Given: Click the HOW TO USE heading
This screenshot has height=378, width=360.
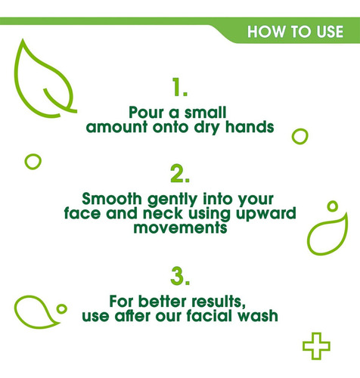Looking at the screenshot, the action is pos(295,32).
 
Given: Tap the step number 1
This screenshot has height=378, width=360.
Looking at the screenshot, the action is pos(180,87).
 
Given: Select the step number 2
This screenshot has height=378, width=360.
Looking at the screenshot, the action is pos(180,173).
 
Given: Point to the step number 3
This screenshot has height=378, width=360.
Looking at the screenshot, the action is pos(180,276).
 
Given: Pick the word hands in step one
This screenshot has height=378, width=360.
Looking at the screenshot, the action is pos(250,126).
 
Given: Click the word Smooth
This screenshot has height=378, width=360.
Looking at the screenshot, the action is pos(112,199).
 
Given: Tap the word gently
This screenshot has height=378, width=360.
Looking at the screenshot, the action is pos(172,200).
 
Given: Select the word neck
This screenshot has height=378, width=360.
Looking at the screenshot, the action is pos(163,213).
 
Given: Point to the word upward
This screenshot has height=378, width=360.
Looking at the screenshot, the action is pos(266,214).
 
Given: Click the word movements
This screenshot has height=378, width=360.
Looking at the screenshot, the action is pos(180,228).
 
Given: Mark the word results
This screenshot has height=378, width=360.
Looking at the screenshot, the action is pos(219,302).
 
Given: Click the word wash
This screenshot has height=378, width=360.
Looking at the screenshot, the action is pos(256,315).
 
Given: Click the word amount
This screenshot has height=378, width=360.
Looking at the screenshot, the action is pos(116,127).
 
